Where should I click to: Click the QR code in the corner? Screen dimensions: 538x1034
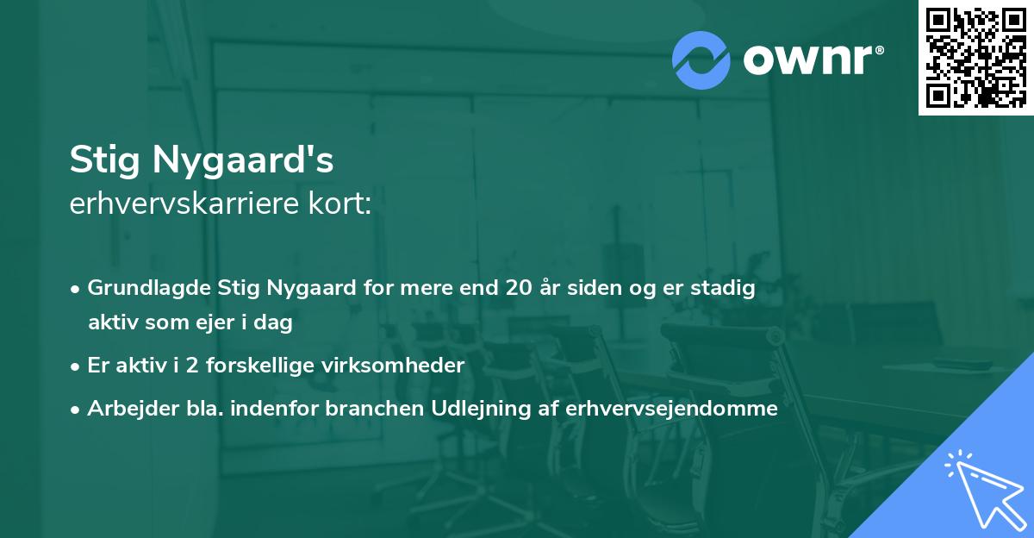[976, 58]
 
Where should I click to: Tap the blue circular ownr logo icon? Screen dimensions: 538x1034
[701, 59]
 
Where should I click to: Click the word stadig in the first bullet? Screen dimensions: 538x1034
[728, 289]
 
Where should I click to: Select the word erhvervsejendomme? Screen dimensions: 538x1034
[672, 409]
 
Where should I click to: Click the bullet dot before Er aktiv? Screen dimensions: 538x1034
[77, 366]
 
